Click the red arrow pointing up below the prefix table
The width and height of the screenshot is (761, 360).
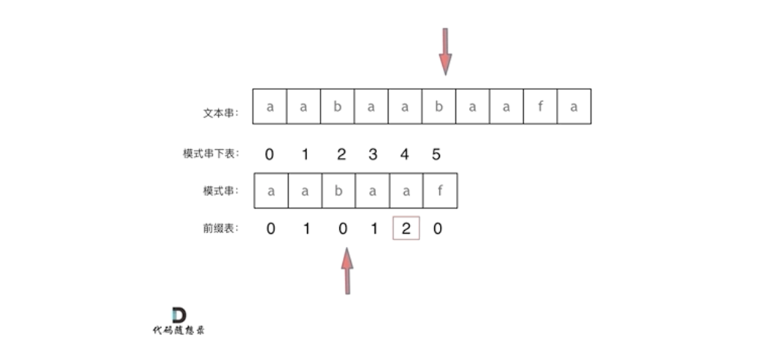(347, 270)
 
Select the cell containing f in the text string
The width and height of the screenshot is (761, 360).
(540, 107)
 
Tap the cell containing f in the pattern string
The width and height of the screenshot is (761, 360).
(439, 191)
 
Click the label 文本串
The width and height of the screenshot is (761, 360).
(220, 114)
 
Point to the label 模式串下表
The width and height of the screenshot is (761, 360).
(209, 154)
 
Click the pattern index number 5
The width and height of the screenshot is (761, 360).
(437, 154)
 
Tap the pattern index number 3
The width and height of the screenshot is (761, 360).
(372, 154)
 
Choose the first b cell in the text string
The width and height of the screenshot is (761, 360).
(337, 107)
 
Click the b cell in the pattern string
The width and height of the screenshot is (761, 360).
(338, 191)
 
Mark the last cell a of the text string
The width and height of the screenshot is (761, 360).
(574, 107)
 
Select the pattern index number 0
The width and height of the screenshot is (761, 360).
(270, 154)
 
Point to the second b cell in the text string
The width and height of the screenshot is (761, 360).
(439, 107)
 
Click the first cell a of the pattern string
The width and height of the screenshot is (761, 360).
(270, 191)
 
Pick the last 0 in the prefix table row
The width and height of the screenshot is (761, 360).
(438, 229)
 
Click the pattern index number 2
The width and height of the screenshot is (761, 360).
(341, 154)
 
